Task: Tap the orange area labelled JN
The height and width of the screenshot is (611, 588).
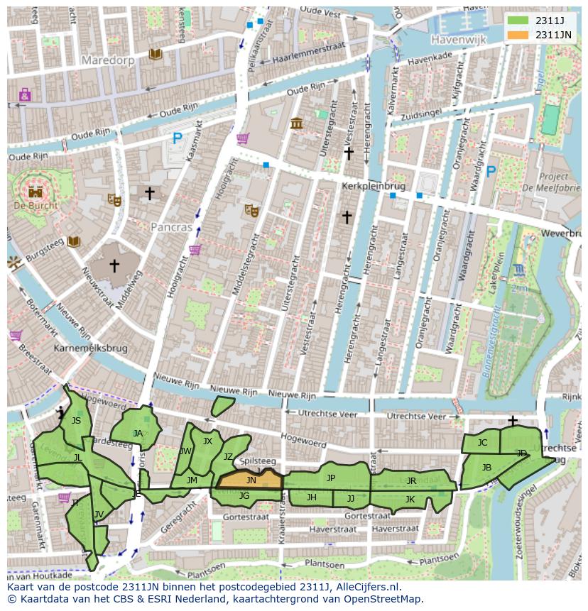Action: [250, 480]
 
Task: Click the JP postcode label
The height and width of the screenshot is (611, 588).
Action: [331, 478]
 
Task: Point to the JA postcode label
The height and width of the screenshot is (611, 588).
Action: [138, 433]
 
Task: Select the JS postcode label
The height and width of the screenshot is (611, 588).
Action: [76, 421]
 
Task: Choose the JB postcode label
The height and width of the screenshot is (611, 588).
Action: [486, 467]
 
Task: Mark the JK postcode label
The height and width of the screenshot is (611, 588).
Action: [410, 499]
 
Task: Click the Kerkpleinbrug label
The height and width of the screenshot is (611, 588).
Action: [373, 186]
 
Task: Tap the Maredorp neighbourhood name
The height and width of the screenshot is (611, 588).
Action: [108, 60]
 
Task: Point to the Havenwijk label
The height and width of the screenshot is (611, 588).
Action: [457, 40]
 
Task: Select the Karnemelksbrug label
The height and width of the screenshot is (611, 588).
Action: [89, 349]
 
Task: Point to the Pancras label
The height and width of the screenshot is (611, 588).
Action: [171, 227]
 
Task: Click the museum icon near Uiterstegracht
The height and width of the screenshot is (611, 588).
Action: [297, 123]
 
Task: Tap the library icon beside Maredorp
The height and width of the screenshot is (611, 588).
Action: [155, 54]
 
